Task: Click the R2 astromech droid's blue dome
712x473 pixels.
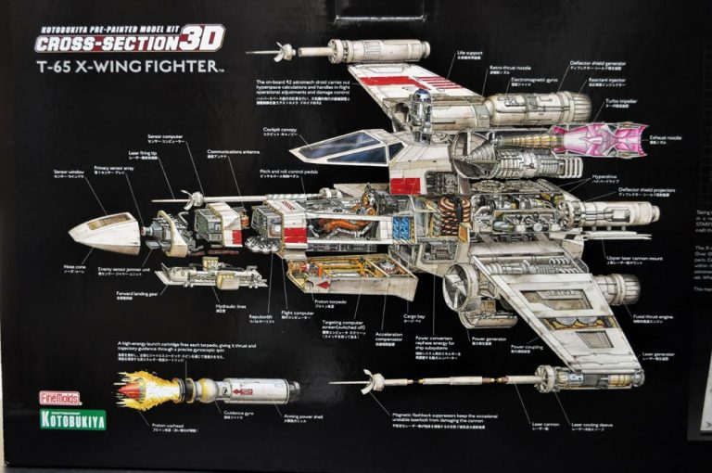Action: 421,96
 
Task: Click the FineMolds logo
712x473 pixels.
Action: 59,398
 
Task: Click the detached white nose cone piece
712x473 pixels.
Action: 104,233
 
